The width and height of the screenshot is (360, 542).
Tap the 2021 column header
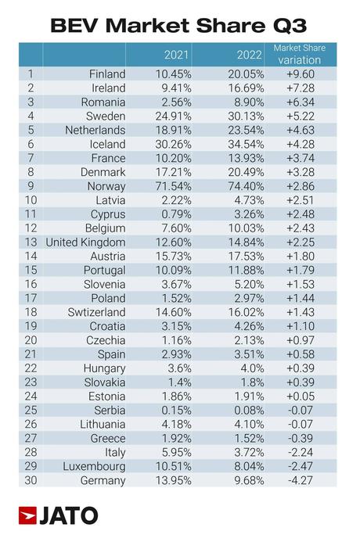175,55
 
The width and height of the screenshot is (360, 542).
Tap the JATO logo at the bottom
59,515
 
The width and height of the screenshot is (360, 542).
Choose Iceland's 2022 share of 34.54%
241,145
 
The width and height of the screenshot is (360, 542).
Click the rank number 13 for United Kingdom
31,242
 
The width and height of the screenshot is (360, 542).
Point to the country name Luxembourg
92,465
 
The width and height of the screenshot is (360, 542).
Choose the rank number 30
31,479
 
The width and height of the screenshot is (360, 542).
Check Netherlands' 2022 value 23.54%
241,131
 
